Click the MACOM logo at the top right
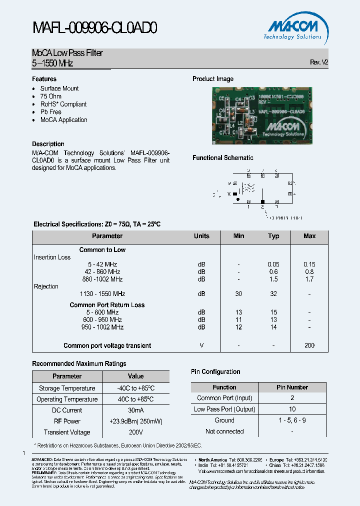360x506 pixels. (x=292, y=28)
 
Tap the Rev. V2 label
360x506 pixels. (x=319, y=62)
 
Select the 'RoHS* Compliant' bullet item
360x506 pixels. (x=63, y=104)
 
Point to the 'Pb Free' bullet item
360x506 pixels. (x=51, y=112)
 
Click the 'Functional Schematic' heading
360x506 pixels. (x=223, y=158)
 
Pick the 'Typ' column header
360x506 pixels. (x=273, y=236)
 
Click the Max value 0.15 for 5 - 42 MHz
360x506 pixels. (x=309, y=264)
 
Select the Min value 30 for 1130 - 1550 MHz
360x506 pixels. (x=238, y=294)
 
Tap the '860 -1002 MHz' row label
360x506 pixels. (x=102, y=279)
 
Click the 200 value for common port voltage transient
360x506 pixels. (x=309, y=345)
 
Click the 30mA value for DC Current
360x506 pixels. (x=135, y=410)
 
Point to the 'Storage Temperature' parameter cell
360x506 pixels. (x=67, y=388)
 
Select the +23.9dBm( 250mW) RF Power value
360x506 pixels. (x=135, y=421)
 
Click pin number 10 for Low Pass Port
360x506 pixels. (x=292, y=409)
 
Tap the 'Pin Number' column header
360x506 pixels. (x=292, y=387)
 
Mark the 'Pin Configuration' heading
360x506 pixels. (x=215, y=371)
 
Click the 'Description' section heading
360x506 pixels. (x=48, y=144)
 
